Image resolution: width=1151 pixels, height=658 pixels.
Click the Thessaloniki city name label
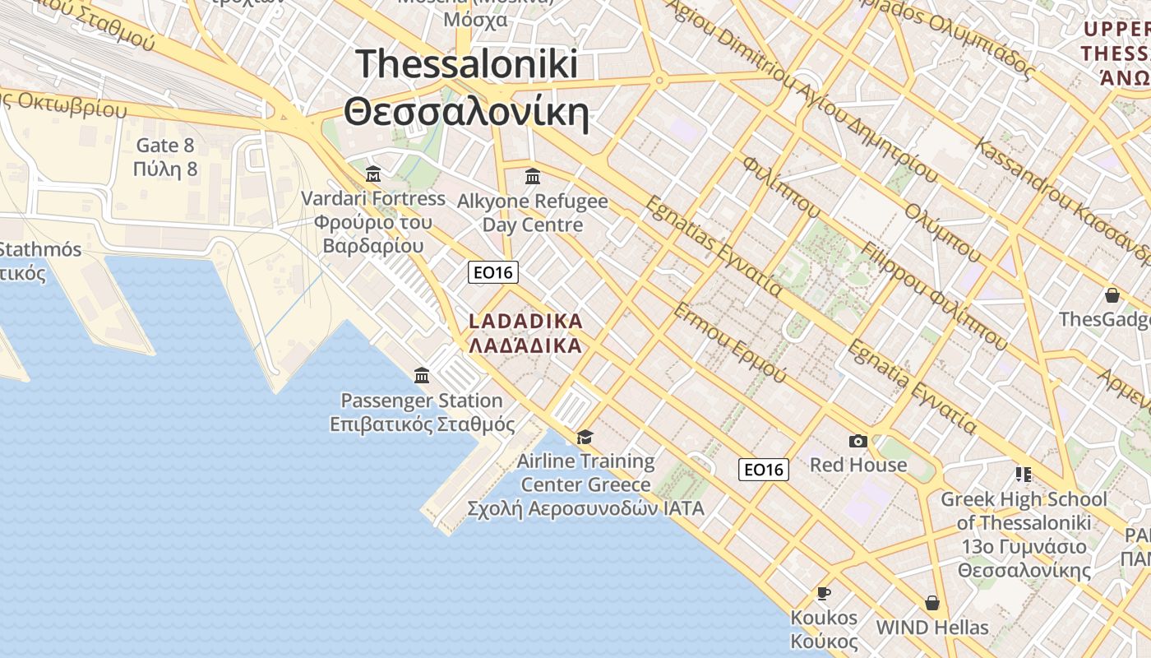[x=466, y=88]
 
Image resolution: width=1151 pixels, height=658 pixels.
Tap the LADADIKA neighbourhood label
[x=525, y=332]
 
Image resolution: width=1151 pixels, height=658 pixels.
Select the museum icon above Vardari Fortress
[x=373, y=174]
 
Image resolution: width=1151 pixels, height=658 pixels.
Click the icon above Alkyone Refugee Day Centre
[x=532, y=176]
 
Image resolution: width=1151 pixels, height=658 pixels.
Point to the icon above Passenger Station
[x=422, y=375]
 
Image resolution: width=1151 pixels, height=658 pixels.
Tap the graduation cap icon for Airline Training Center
[x=585, y=436]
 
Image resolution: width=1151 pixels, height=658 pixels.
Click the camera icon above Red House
[x=858, y=441]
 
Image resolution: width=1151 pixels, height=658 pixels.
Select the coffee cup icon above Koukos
[x=824, y=593]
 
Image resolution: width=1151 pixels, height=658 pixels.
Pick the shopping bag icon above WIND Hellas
[x=931, y=603]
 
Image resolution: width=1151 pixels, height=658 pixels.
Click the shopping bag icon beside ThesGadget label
[x=1112, y=294]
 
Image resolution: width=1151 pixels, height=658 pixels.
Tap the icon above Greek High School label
[x=1024, y=474]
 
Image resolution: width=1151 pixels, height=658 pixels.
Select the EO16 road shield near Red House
[x=763, y=470]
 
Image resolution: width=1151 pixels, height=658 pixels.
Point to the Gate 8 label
[x=166, y=157]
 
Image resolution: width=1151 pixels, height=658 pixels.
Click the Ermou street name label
[x=729, y=341]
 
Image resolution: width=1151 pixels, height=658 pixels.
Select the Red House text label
[x=858, y=465]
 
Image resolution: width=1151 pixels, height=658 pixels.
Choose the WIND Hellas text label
[x=931, y=628]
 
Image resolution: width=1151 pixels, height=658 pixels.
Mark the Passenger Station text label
[x=422, y=412]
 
